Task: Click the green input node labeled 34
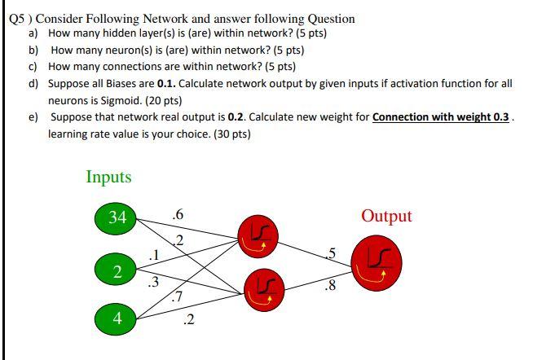pos(118,217)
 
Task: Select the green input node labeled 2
pos(118,270)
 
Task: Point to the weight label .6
pos(178,214)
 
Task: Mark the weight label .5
pos(332,253)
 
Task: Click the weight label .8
pos(328,286)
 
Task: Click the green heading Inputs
pos(108,177)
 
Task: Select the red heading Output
pos(386,216)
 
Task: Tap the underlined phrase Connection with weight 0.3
pos(441,116)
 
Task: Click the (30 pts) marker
pos(231,133)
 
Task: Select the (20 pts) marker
pos(162,100)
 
